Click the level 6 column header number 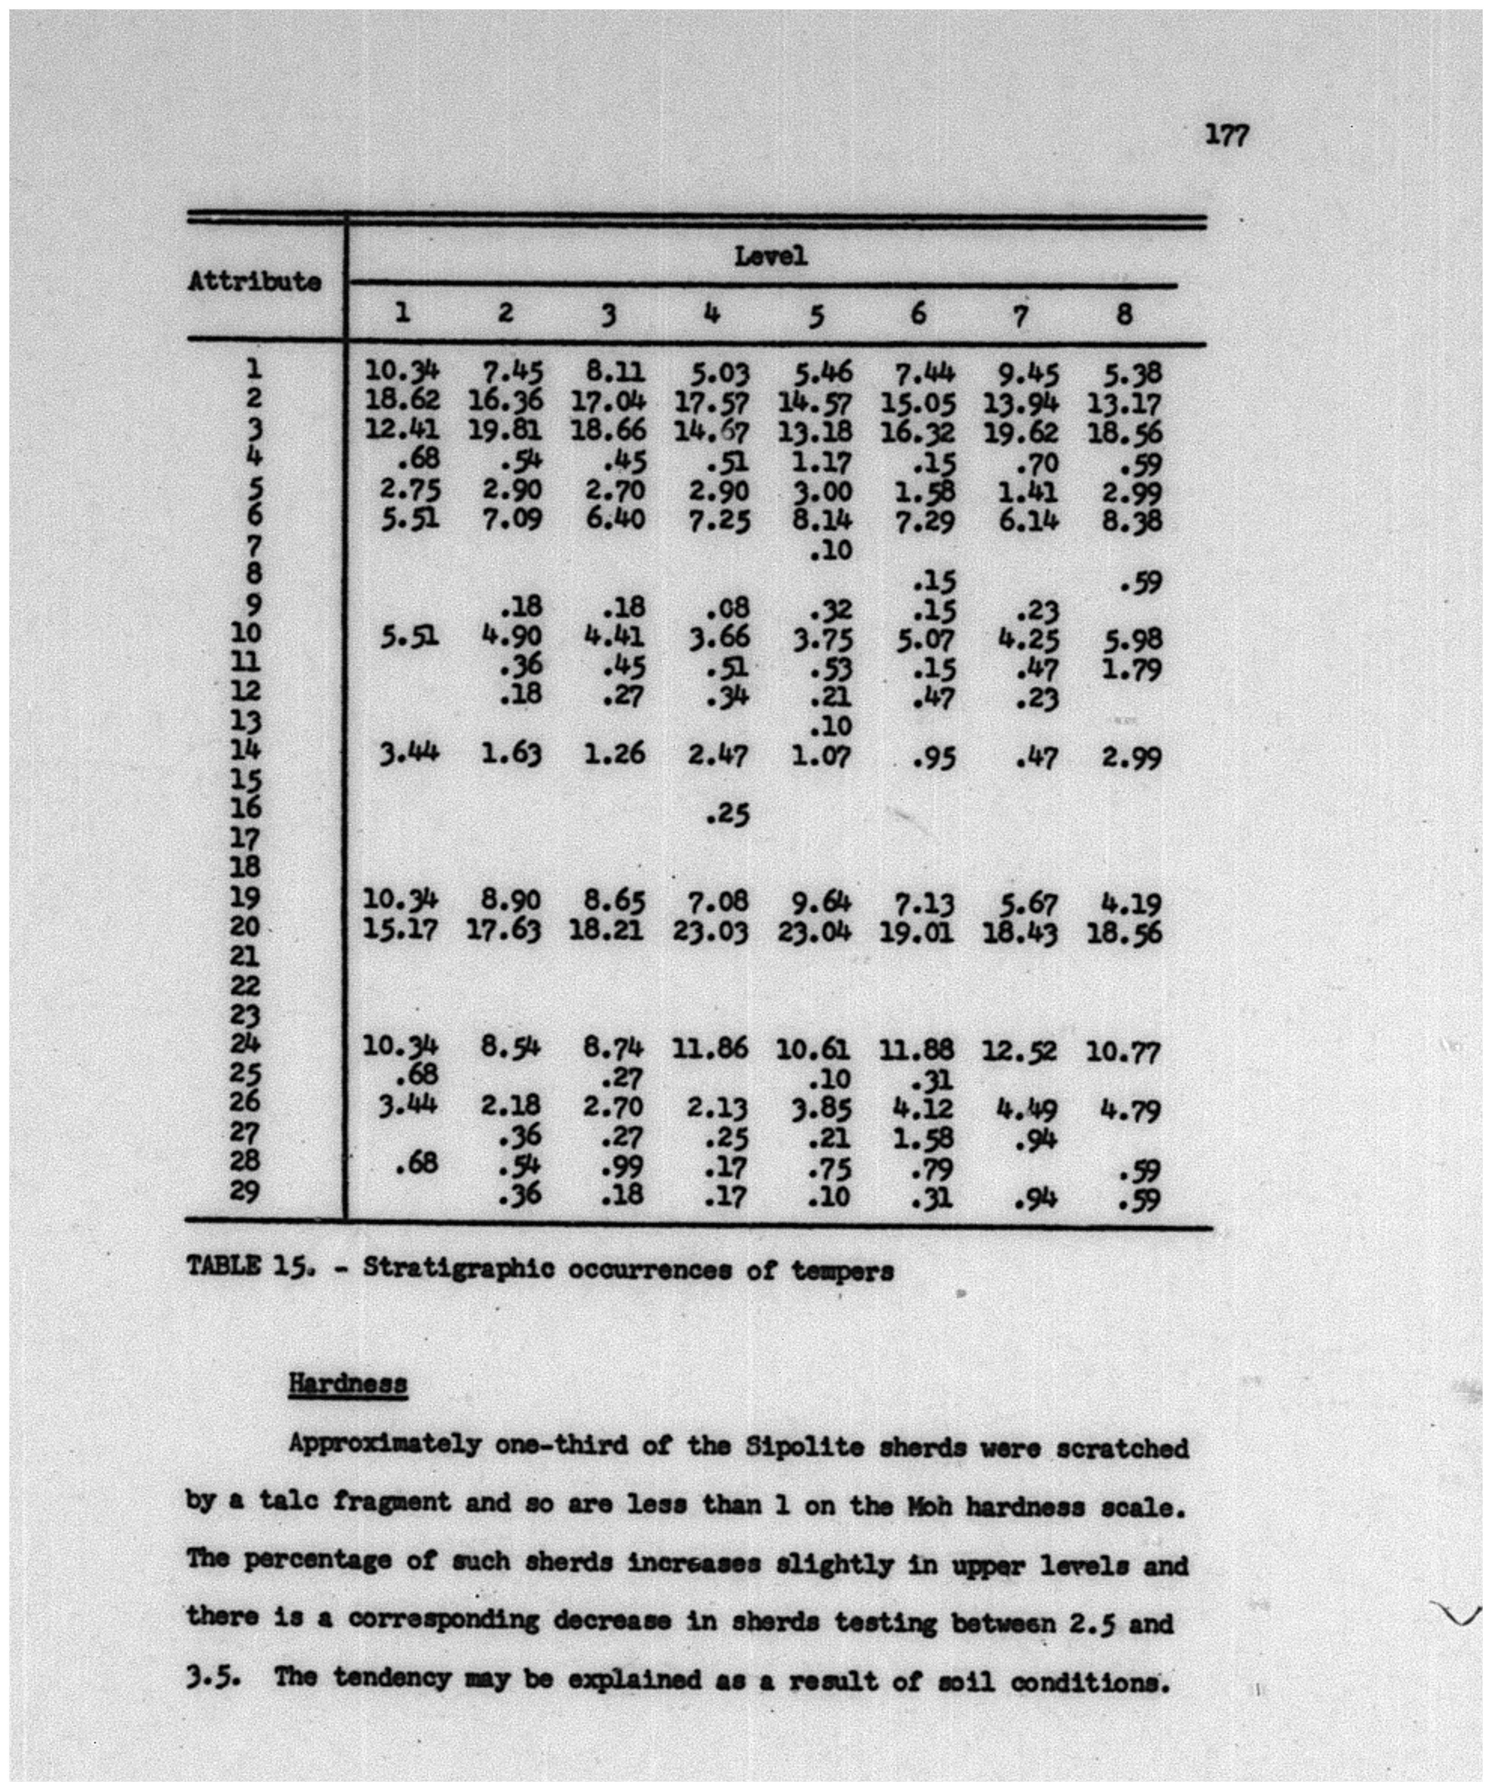(918, 315)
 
